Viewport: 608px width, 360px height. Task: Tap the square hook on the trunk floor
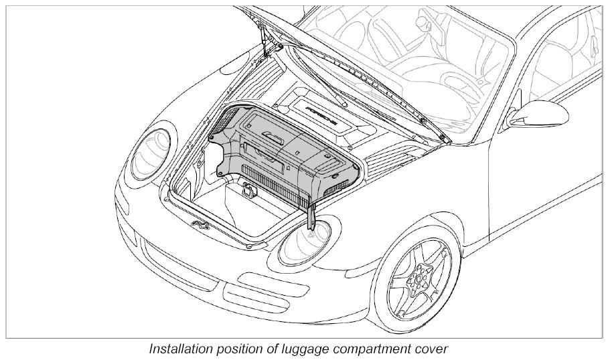[248, 192]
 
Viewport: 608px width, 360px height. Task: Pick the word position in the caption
[244, 349]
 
